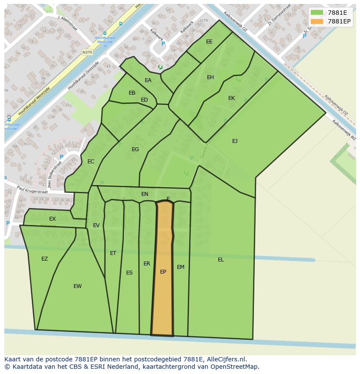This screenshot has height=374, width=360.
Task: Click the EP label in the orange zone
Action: [x=163, y=272]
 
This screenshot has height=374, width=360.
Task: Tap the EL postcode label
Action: [x=221, y=260]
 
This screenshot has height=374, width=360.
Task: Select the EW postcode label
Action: [x=77, y=286]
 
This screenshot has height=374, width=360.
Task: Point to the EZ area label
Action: [x=44, y=259]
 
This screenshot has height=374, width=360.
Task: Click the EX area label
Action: [x=52, y=219]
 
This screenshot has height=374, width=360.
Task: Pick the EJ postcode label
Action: [x=235, y=141]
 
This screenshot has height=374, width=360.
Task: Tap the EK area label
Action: [x=231, y=98]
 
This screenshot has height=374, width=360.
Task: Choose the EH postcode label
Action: [x=210, y=77]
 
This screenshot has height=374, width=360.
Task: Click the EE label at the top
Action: [x=209, y=42]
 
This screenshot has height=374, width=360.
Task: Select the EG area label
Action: [x=135, y=149]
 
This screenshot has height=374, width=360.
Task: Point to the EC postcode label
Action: [x=90, y=162]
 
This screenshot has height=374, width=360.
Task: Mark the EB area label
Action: [x=132, y=93]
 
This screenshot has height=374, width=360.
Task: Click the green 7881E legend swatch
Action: [x=317, y=13]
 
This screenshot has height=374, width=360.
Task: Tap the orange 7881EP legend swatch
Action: [x=317, y=21]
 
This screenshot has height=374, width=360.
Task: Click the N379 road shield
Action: [x=87, y=52]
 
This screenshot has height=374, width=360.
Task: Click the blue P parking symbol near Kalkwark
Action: [x=163, y=44]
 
